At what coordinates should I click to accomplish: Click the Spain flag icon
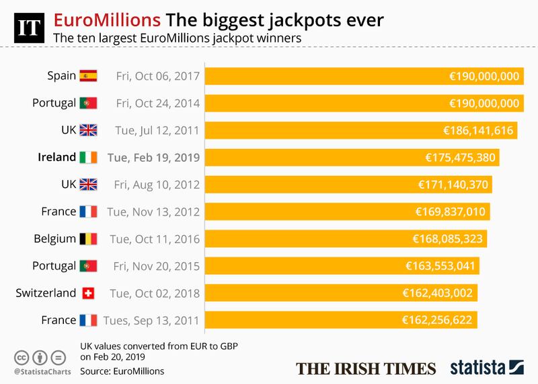click(89, 75)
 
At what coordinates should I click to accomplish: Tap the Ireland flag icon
click(89, 157)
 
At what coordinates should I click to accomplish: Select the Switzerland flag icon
click(89, 293)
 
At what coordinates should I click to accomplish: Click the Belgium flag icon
click(89, 238)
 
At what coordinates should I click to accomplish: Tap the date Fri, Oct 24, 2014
click(154, 103)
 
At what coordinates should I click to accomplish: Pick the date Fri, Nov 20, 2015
click(154, 266)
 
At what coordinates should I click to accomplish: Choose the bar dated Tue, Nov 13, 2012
click(347, 212)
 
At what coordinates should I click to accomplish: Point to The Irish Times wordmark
click(367, 368)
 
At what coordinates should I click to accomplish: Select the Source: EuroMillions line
click(121, 370)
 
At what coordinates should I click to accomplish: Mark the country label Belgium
click(53, 238)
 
